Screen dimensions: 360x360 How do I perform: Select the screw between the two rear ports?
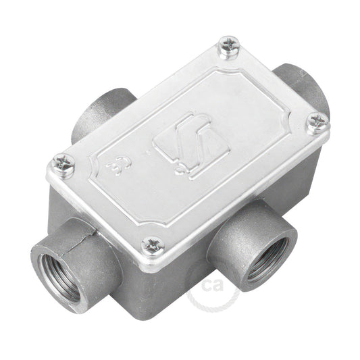coord(230,47)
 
